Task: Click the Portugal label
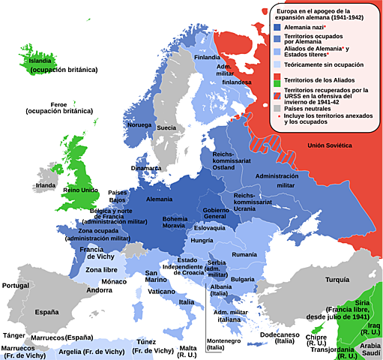(15, 286)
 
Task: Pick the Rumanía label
(244, 256)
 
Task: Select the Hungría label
(202, 241)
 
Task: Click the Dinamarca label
(145, 168)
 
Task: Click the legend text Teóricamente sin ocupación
(323, 64)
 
